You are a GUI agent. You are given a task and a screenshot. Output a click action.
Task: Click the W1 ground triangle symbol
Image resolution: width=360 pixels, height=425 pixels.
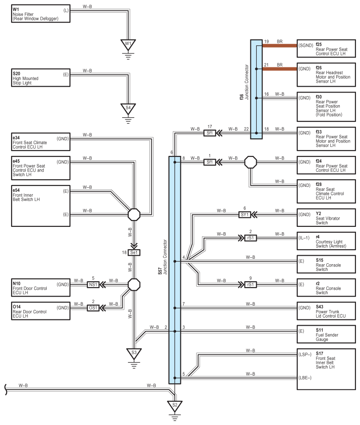(x=128, y=44)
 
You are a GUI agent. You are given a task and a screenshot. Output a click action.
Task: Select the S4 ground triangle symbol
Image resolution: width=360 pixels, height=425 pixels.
(x=128, y=108)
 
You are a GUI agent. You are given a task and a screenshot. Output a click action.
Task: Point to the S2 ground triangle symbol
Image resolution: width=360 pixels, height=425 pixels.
(x=175, y=406)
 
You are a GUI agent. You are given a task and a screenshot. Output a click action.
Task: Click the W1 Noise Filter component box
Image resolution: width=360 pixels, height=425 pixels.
(x=41, y=14)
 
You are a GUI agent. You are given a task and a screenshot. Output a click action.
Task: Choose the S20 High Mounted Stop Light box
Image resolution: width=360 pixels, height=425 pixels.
(x=41, y=78)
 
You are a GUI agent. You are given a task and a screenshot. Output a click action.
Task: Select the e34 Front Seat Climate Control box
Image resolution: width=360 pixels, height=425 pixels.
(x=41, y=142)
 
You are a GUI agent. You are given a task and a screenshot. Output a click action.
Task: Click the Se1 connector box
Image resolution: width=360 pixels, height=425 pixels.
(x=134, y=252)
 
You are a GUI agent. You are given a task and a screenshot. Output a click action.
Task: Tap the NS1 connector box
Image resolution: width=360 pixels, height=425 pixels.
(x=93, y=284)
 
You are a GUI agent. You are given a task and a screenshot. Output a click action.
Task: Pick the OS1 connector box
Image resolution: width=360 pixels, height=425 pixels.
(x=93, y=308)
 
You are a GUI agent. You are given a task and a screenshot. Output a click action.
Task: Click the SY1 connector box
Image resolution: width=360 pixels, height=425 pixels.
(x=245, y=214)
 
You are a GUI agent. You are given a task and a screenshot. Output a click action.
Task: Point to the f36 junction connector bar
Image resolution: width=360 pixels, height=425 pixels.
(x=256, y=89)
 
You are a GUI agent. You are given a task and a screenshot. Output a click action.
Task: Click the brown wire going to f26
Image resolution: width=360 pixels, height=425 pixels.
(x=280, y=69)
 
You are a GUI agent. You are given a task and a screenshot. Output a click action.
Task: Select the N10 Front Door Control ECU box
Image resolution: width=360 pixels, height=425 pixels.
(x=41, y=288)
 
